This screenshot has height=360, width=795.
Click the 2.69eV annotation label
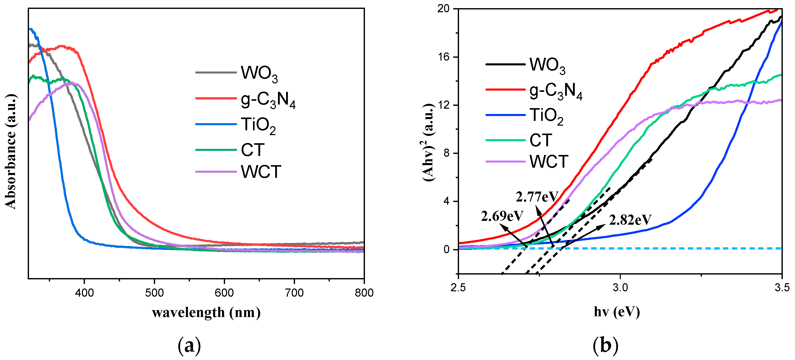click(x=502, y=216)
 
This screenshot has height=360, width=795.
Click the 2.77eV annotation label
click(x=537, y=197)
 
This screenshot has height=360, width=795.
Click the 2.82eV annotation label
click(x=630, y=220)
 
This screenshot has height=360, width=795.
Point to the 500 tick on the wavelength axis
click(x=154, y=293)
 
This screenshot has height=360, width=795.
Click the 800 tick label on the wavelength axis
click(x=364, y=293)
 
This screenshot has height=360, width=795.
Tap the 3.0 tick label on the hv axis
click(x=620, y=288)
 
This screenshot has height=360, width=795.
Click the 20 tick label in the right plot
click(x=443, y=9)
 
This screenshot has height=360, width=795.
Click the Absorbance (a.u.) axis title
click(x=10, y=151)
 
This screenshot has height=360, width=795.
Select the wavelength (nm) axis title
click(x=206, y=312)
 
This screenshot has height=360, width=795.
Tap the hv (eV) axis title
click(x=617, y=312)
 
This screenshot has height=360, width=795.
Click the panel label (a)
click(x=189, y=345)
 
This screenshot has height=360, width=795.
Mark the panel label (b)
click(x=605, y=345)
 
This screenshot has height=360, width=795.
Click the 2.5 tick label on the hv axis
click(x=458, y=288)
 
